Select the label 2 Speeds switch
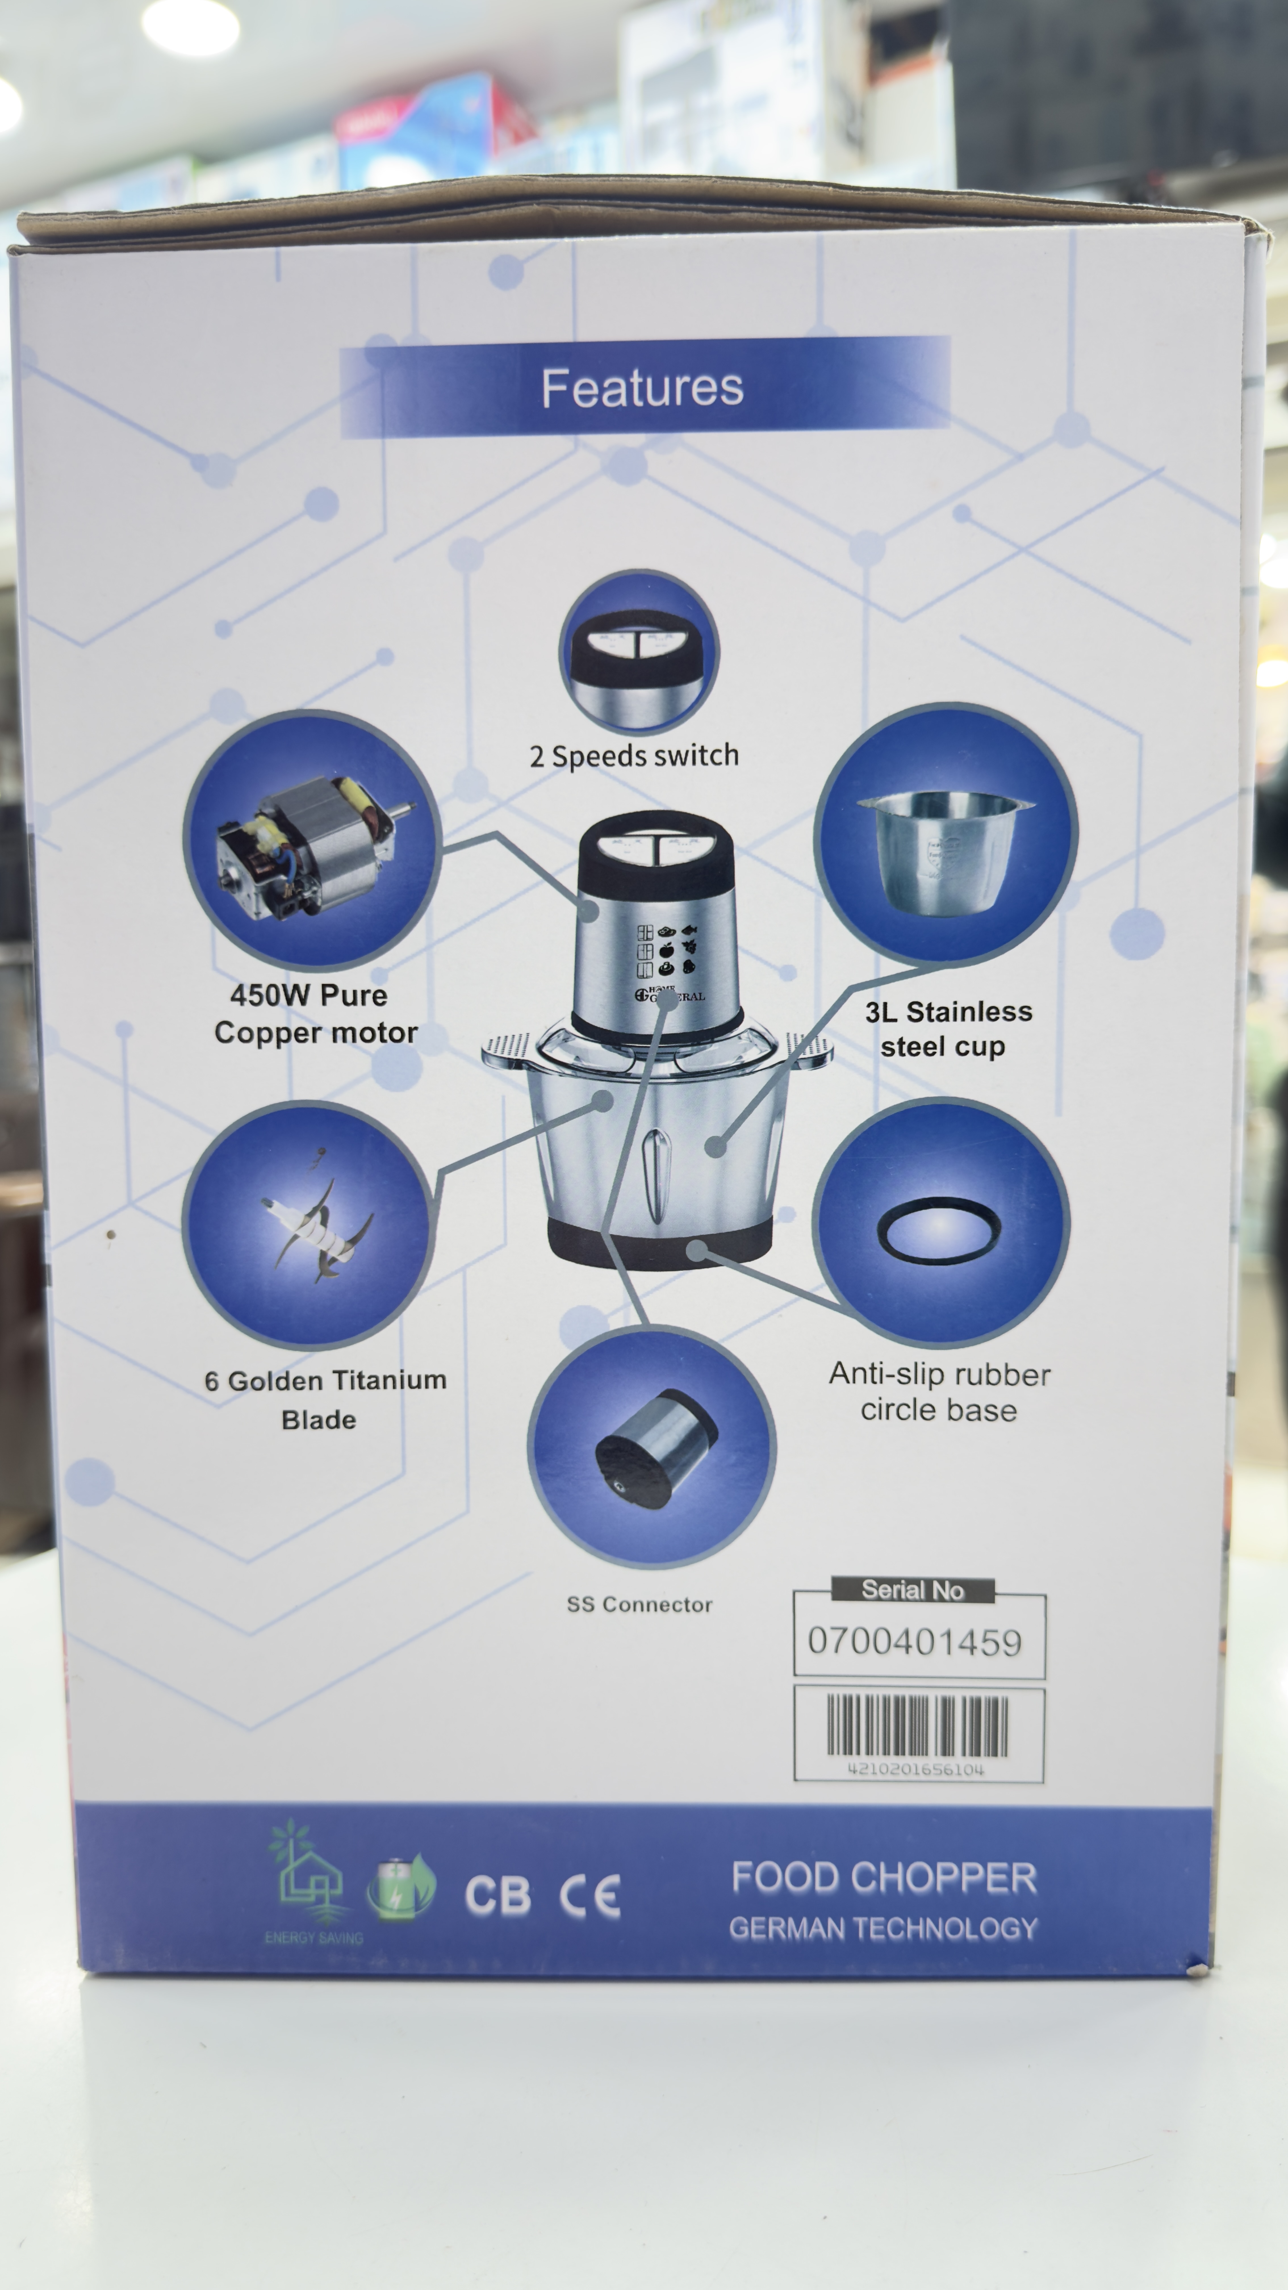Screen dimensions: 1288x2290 [634, 756]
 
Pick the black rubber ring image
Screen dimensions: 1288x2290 [939, 1230]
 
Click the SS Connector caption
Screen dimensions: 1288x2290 [639, 1604]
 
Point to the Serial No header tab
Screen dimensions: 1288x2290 [913, 1589]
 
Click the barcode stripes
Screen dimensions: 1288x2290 [917, 1725]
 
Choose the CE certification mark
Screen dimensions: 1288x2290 [589, 1896]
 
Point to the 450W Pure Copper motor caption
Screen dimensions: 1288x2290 [315, 1014]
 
